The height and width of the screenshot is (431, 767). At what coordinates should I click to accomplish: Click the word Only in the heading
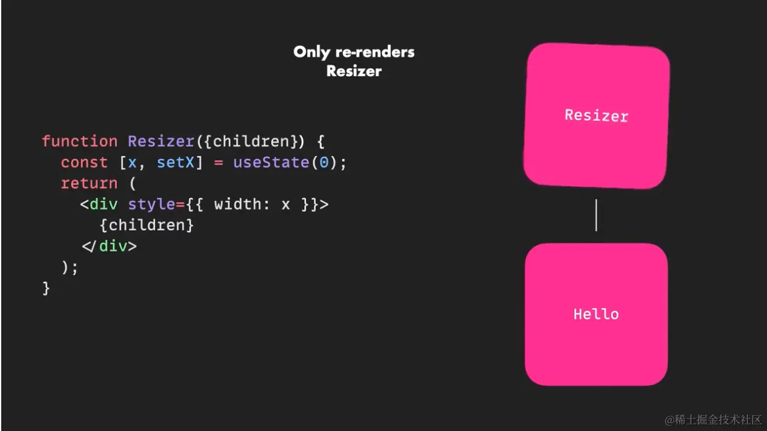tap(311, 52)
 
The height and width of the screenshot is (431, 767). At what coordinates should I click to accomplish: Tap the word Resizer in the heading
tap(354, 71)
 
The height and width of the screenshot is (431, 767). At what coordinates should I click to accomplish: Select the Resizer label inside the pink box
tap(596, 115)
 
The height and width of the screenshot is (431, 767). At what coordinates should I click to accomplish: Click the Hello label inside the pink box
tap(596, 314)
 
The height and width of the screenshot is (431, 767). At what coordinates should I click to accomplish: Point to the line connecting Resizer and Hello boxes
tap(596, 215)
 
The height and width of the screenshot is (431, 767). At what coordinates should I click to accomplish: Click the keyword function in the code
tap(80, 141)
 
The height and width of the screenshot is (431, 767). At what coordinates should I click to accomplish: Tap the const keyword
tap(85, 163)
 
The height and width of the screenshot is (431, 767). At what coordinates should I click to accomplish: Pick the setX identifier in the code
tap(175, 163)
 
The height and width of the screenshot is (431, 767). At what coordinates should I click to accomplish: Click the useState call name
tap(270, 163)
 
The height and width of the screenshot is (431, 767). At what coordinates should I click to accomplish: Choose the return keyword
tap(89, 183)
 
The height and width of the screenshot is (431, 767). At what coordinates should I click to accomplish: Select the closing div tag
tap(110, 246)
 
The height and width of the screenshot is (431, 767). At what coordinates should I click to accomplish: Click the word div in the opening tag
tap(103, 205)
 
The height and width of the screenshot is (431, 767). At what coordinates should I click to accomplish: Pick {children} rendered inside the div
tap(147, 225)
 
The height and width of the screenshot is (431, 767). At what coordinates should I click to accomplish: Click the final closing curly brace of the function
tap(46, 288)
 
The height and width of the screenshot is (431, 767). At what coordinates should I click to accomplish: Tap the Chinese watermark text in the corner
tap(713, 420)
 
